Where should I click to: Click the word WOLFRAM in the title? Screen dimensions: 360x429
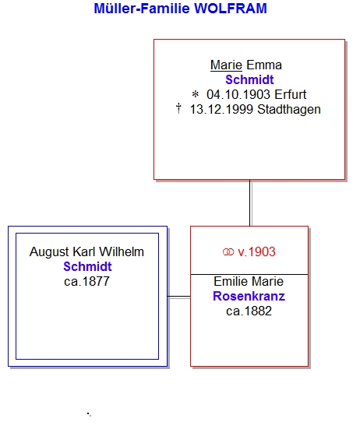231,9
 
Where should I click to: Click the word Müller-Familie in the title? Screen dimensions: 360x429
142,9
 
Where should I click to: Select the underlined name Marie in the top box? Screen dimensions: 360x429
226,65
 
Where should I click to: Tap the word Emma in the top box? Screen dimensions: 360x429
264,65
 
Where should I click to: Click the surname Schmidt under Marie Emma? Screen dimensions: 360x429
249,80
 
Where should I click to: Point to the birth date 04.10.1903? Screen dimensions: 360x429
238,95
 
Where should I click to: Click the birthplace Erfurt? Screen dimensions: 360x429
290,95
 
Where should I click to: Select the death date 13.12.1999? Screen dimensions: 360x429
221,110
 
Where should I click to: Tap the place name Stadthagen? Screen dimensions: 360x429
289,110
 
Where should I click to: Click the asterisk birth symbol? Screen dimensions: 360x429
195,95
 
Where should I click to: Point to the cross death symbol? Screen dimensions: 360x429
178,108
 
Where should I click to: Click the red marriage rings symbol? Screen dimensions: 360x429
228,252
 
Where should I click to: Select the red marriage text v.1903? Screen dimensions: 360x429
256,252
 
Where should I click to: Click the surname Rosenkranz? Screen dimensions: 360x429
249,297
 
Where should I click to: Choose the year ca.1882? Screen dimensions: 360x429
249,311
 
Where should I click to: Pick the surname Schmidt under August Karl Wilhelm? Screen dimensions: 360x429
87,267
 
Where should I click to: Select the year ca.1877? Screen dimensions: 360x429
86,282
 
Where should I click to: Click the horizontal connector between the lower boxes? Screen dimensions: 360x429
179,297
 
